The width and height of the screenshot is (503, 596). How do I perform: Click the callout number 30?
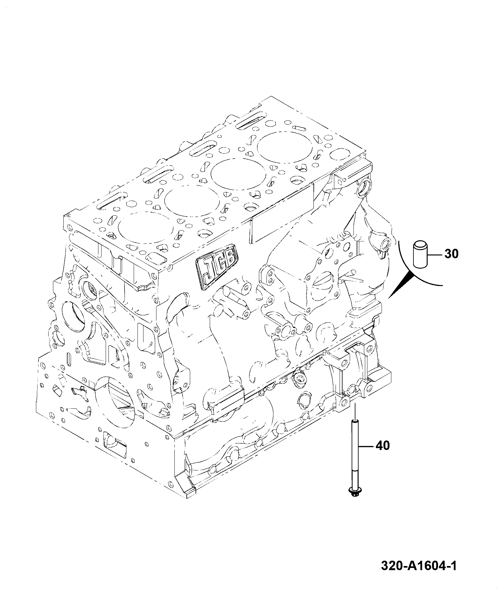click(x=452, y=254)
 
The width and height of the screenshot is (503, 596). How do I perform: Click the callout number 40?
click(x=383, y=446)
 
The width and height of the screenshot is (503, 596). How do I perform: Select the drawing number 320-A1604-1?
click(x=418, y=566)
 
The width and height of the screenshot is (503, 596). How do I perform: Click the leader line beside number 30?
click(x=436, y=254)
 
